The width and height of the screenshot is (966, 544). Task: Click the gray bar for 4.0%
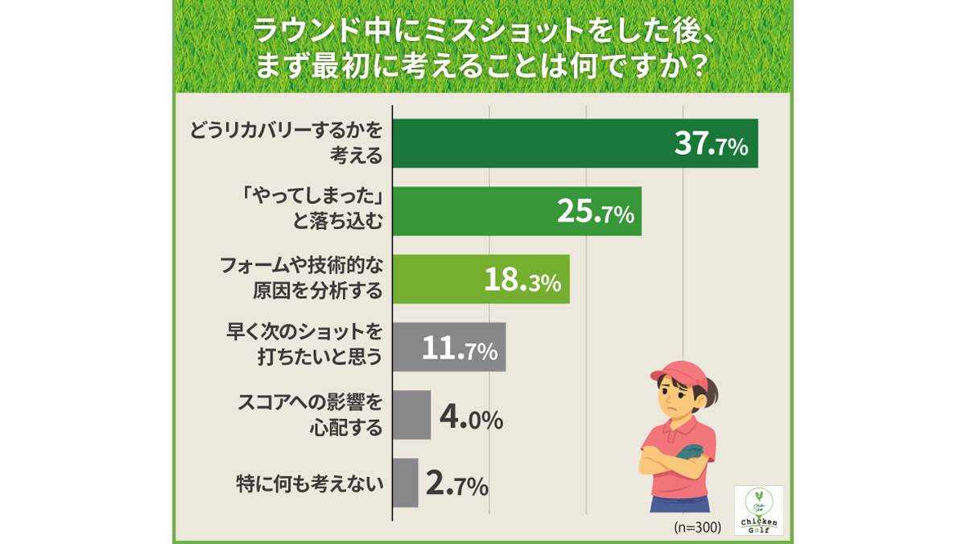pos(411,415)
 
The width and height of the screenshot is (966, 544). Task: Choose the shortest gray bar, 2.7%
pos(405,483)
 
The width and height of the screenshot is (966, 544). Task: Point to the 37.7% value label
pos(711,145)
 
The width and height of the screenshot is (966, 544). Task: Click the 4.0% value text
pos(472,419)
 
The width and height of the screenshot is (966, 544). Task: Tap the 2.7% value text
pos(456,486)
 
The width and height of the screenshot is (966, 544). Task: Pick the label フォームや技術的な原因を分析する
pos(301,278)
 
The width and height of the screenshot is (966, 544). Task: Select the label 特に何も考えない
pos(309,484)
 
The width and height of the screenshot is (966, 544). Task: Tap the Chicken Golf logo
pos(758,510)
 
